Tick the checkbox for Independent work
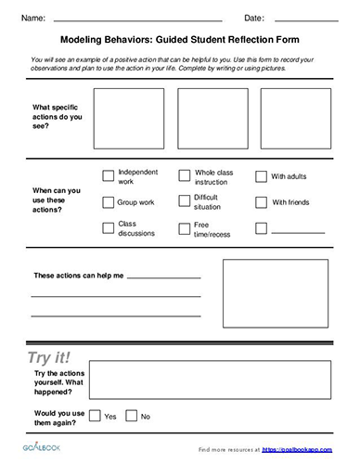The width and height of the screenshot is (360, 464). pyautogui.click(x=108, y=175)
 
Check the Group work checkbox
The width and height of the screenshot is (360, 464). pyautogui.click(x=108, y=200)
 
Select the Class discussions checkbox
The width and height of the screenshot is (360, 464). pyautogui.click(x=108, y=227)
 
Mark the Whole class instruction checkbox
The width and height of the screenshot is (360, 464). pyautogui.click(x=184, y=175)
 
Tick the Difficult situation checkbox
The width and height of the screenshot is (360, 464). pyautogui.click(x=184, y=201)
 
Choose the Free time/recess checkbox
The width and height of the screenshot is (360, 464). pyautogui.click(x=184, y=227)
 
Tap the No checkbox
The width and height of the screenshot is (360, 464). pyautogui.click(x=131, y=416)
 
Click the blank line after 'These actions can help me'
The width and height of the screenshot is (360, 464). pyautogui.click(x=163, y=277)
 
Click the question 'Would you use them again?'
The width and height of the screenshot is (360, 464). pyautogui.click(x=57, y=415)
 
